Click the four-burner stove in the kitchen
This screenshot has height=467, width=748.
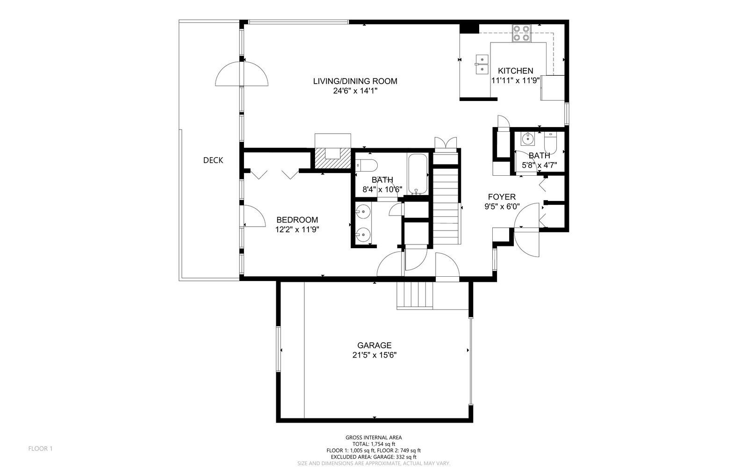(522, 33)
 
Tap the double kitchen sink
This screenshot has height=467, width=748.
(482, 65)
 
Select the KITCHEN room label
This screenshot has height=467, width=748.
(516, 71)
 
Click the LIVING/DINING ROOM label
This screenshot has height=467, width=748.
(355, 81)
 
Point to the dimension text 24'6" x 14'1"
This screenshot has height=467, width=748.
(355, 91)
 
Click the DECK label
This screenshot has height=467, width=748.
(213, 160)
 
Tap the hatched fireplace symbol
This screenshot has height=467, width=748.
(332, 158)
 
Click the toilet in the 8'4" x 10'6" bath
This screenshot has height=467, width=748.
(367, 165)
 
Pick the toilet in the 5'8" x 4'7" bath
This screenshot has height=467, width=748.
(550, 143)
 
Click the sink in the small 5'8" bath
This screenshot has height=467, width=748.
(528, 138)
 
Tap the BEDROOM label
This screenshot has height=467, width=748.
(297, 220)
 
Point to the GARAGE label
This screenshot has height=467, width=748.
(374, 345)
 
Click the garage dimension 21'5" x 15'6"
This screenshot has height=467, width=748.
(374, 355)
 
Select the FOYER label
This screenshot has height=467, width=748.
(502, 197)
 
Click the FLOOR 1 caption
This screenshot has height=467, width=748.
(40, 449)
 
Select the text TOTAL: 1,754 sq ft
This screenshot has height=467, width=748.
(374, 444)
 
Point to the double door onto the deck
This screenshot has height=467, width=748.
(242, 74)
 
